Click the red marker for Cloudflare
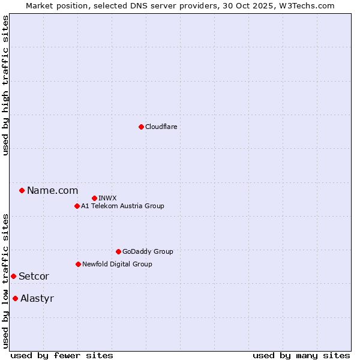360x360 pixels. coord(141,127)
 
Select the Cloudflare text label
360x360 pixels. coord(161,127)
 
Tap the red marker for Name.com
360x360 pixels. coord(22,190)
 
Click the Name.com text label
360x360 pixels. coord(52,190)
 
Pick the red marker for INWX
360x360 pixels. coord(94,198)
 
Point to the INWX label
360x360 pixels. coord(107,198)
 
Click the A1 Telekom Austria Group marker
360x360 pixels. coord(77,206)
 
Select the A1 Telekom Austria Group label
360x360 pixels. coord(122,206)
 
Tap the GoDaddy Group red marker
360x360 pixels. coord(118,251)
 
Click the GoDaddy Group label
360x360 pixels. coord(147,251)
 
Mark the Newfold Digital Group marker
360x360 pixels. coord(78,264)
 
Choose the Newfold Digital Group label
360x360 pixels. coord(117,264)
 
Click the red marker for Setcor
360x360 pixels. coord(13,276)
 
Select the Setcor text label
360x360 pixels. coord(34,276)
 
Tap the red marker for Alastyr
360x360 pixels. coord(15,298)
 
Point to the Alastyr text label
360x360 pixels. coord(37,298)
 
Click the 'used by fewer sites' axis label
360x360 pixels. coord(62,355)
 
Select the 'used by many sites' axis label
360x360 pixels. coord(301,355)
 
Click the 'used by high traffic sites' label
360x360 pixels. coord(5,85)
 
